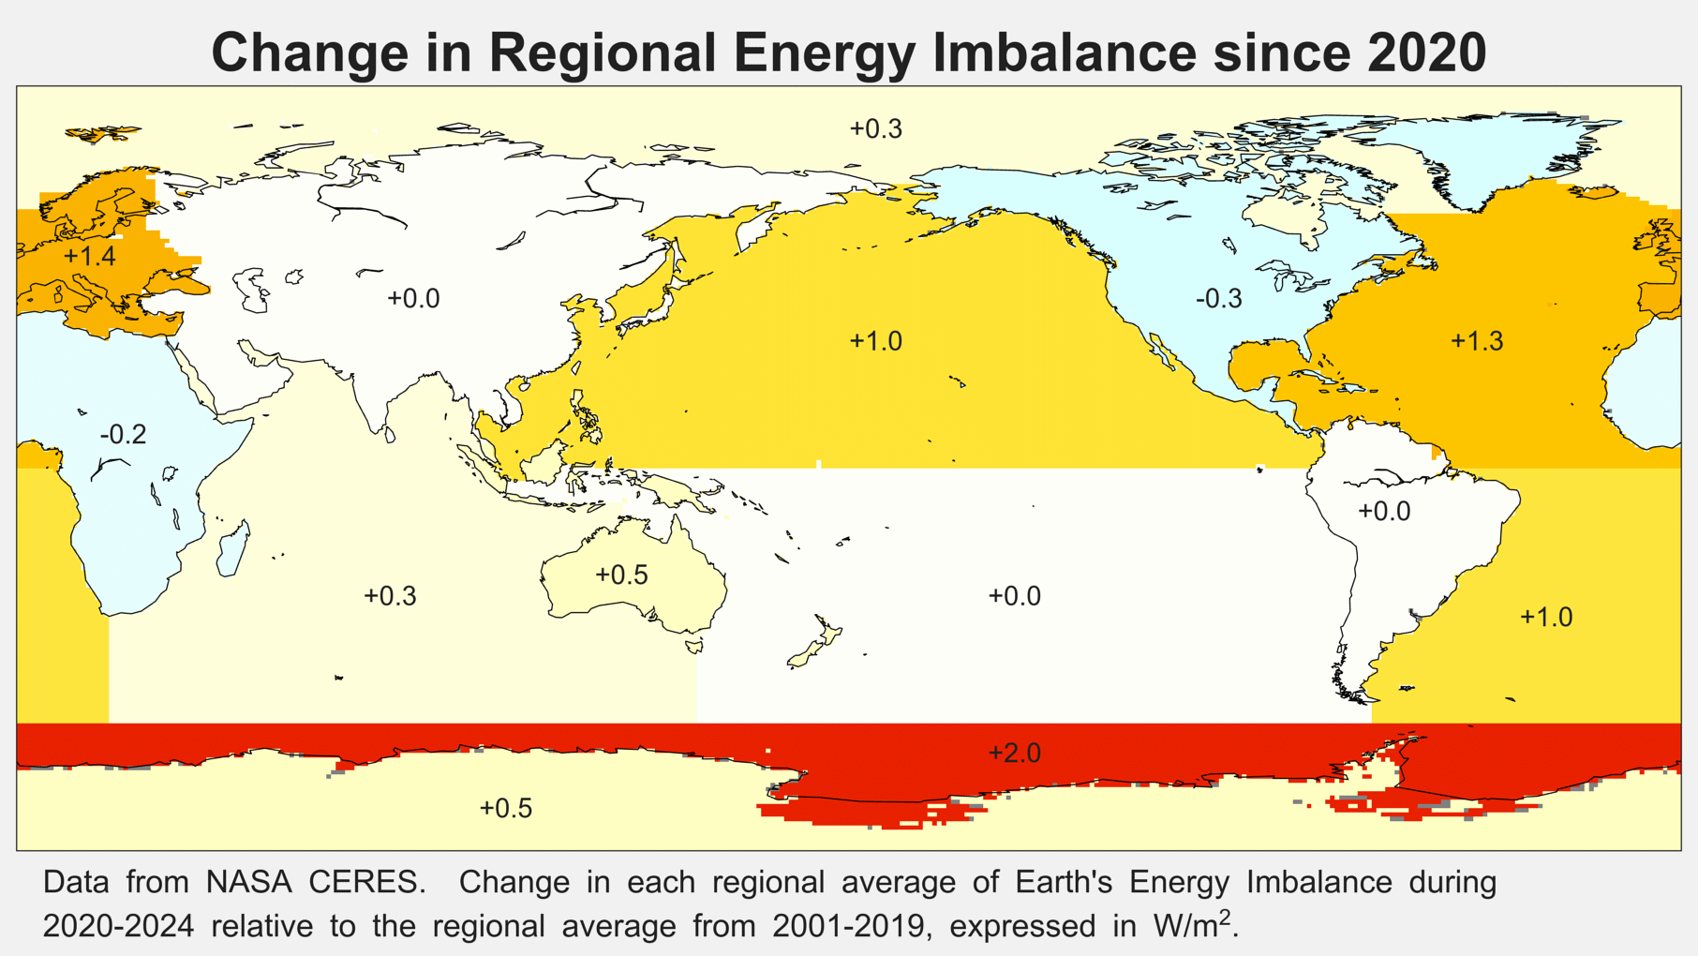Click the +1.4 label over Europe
(90, 256)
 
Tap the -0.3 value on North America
(1218, 299)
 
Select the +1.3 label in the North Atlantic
(1477, 341)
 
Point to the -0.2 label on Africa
(124, 435)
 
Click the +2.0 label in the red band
(1014, 753)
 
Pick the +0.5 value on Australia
(621, 575)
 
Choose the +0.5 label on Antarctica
(506, 808)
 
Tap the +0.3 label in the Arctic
(875, 129)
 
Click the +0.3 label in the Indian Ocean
(390, 596)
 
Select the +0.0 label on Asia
(413, 299)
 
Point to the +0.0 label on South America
(1384, 512)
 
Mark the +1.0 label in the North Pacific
(875, 341)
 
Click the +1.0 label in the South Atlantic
(1545, 618)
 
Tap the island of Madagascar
(233, 549)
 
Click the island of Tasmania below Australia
(694, 646)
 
